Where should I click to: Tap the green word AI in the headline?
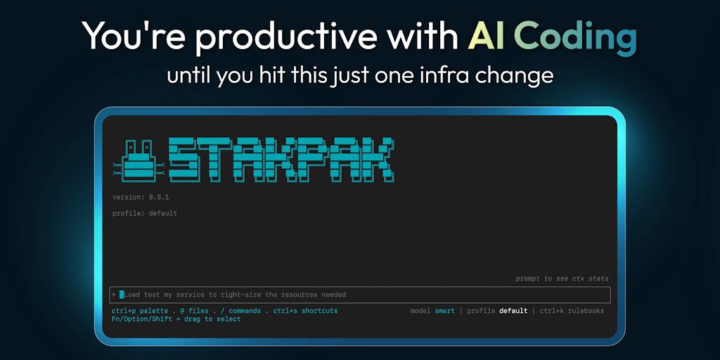tap(486, 36)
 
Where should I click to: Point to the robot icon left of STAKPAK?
tap(139, 159)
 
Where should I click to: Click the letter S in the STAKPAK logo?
tap(184, 159)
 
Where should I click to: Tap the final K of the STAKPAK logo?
tap(380, 159)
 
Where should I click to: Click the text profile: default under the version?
tap(145, 214)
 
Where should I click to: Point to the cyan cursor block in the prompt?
tap(122, 295)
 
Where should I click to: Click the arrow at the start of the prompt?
tap(113, 295)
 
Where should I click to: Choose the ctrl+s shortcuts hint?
tap(305, 311)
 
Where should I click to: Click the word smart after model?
tap(444, 311)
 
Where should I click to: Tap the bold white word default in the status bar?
tap(513, 311)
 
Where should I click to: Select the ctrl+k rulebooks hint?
tap(572, 311)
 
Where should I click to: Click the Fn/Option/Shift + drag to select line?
tap(176, 319)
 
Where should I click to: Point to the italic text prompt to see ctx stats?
tap(562, 278)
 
